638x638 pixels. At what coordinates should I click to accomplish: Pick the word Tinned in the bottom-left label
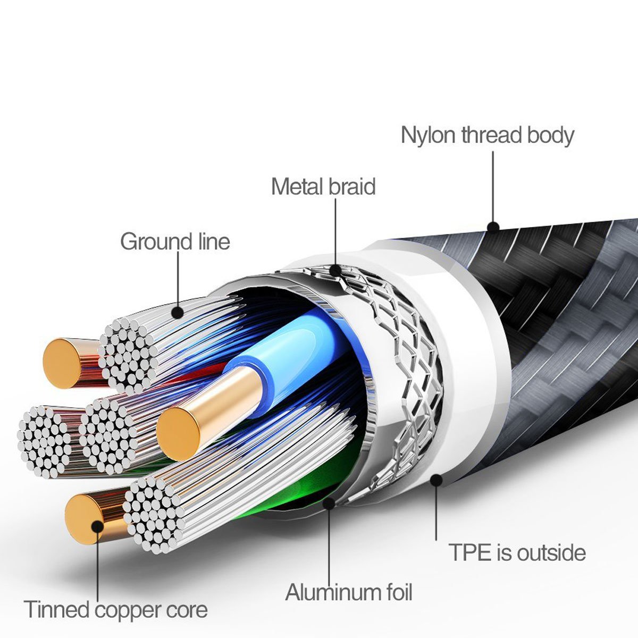(x=57, y=609)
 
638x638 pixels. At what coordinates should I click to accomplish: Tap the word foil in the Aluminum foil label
(x=396, y=592)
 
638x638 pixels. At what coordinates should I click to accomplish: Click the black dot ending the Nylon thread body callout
(x=493, y=228)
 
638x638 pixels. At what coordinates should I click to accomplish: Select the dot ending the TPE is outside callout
(x=436, y=481)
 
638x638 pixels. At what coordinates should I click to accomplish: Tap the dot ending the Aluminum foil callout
(x=329, y=502)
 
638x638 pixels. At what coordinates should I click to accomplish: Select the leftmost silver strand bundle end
(x=45, y=441)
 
